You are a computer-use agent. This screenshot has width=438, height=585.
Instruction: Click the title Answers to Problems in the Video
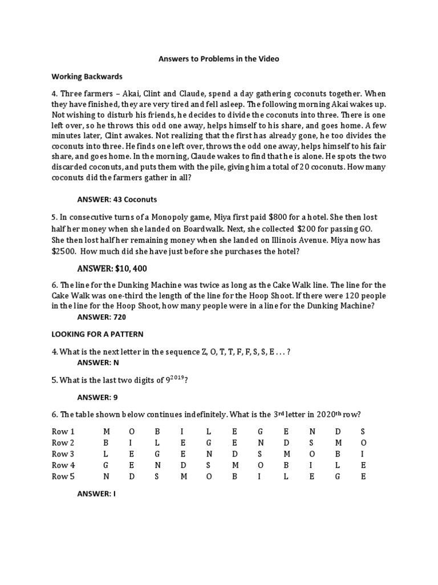click(218, 59)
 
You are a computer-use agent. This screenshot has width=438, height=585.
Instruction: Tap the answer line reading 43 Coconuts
click(117, 199)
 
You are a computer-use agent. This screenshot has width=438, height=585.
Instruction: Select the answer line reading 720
click(102, 317)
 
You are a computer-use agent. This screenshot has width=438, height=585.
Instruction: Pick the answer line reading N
click(99, 362)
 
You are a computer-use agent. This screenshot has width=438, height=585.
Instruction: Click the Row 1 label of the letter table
click(63, 431)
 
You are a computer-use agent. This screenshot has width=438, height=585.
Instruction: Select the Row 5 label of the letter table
click(63, 476)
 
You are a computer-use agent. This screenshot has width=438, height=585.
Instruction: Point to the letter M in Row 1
click(106, 431)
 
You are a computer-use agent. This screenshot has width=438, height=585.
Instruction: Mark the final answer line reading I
click(96, 493)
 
